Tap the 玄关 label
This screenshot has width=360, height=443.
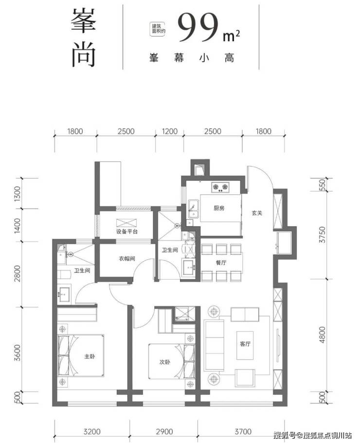(x=258, y=213)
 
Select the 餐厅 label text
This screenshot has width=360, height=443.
(x=221, y=262)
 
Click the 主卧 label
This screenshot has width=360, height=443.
(x=90, y=356)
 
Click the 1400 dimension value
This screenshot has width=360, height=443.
(x=18, y=225)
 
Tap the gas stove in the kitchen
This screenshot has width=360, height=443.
(x=219, y=186)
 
